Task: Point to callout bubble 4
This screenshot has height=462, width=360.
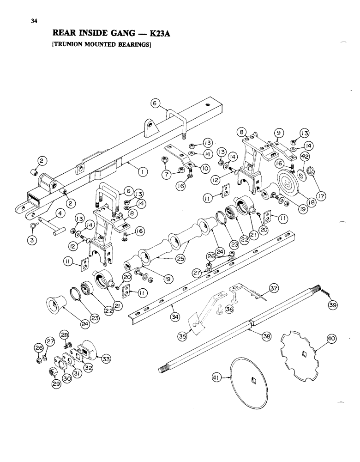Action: (59, 213)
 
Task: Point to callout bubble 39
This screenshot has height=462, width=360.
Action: (331, 304)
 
